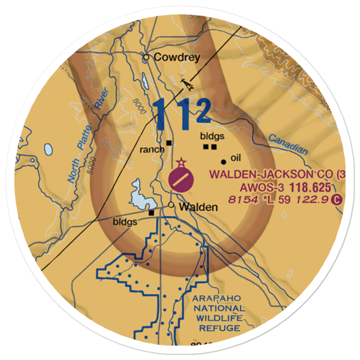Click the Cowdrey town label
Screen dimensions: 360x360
(x=177, y=58)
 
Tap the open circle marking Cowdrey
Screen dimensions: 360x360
(x=146, y=57)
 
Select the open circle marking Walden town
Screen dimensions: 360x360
(x=171, y=205)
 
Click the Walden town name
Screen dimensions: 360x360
(x=198, y=207)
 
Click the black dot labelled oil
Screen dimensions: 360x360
(x=224, y=162)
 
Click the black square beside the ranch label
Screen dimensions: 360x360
(x=168, y=143)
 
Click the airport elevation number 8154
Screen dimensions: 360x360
(x=243, y=199)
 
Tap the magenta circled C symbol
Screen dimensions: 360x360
(x=336, y=199)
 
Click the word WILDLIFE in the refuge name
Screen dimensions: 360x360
(x=219, y=318)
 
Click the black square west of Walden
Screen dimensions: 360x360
(x=152, y=212)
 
